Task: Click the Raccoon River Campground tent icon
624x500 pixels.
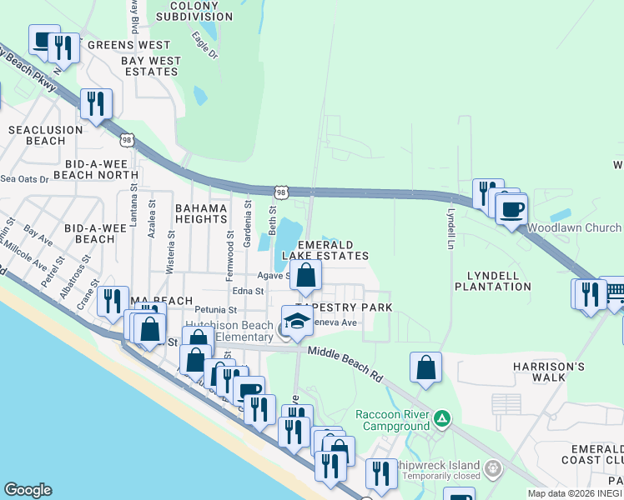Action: coord(443,417)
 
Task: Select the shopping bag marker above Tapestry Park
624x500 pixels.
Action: coord(306,276)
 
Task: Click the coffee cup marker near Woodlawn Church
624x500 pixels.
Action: coord(511,208)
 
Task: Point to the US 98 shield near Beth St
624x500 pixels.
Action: coord(282,192)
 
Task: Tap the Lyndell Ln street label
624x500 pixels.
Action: coord(450,227)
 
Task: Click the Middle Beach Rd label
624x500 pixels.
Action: coord(345,363)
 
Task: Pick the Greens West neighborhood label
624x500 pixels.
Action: coord(117,45)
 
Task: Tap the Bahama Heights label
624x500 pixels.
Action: coord(201,213)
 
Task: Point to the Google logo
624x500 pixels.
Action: coord(28,490)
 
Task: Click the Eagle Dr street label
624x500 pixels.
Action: coord(204,45)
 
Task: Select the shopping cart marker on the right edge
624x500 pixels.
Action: coord(615,292)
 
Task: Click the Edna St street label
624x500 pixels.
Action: coord(248,292)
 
